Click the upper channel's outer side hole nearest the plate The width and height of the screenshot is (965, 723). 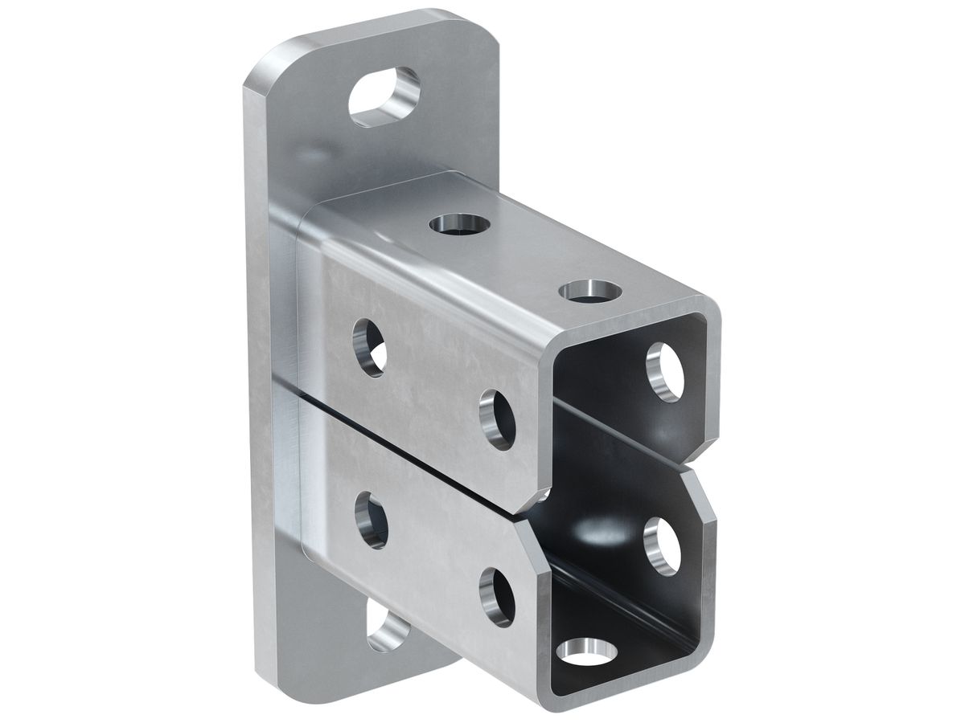click(369, 347)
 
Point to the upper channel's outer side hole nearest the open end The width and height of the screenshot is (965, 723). click(497, 419)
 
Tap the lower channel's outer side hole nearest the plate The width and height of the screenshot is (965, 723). click(371, 521)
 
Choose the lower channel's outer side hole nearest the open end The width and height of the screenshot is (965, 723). click(497, 596)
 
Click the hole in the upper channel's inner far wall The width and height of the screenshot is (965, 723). click(664, 372)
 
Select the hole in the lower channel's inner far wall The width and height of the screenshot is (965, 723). click(663, 545)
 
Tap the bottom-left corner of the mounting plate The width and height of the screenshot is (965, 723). click(265, 671)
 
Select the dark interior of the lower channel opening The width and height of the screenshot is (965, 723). click(595, 562)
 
